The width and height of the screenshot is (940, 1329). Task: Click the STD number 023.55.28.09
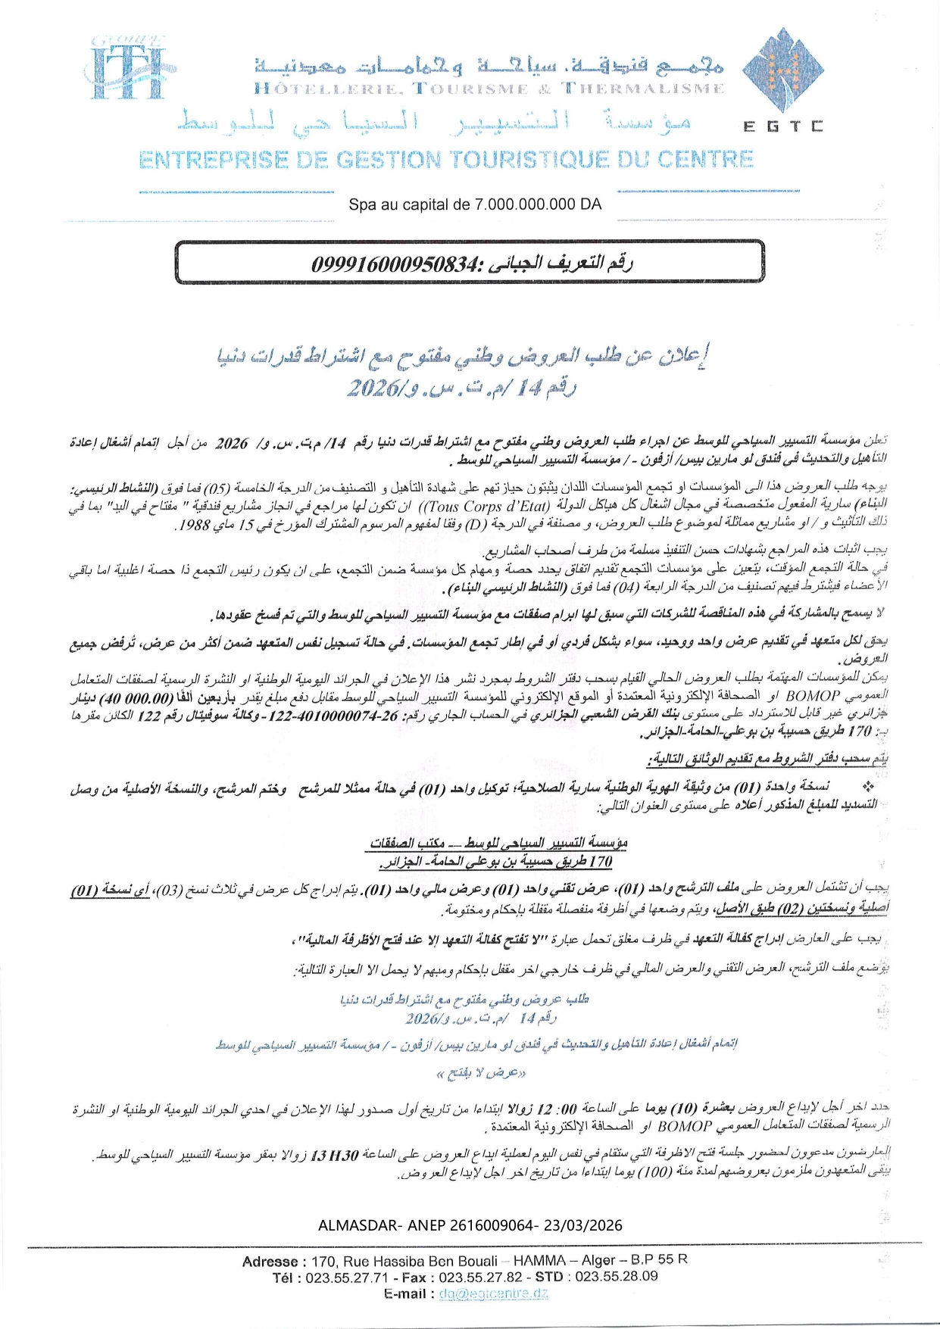point(617,1276)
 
